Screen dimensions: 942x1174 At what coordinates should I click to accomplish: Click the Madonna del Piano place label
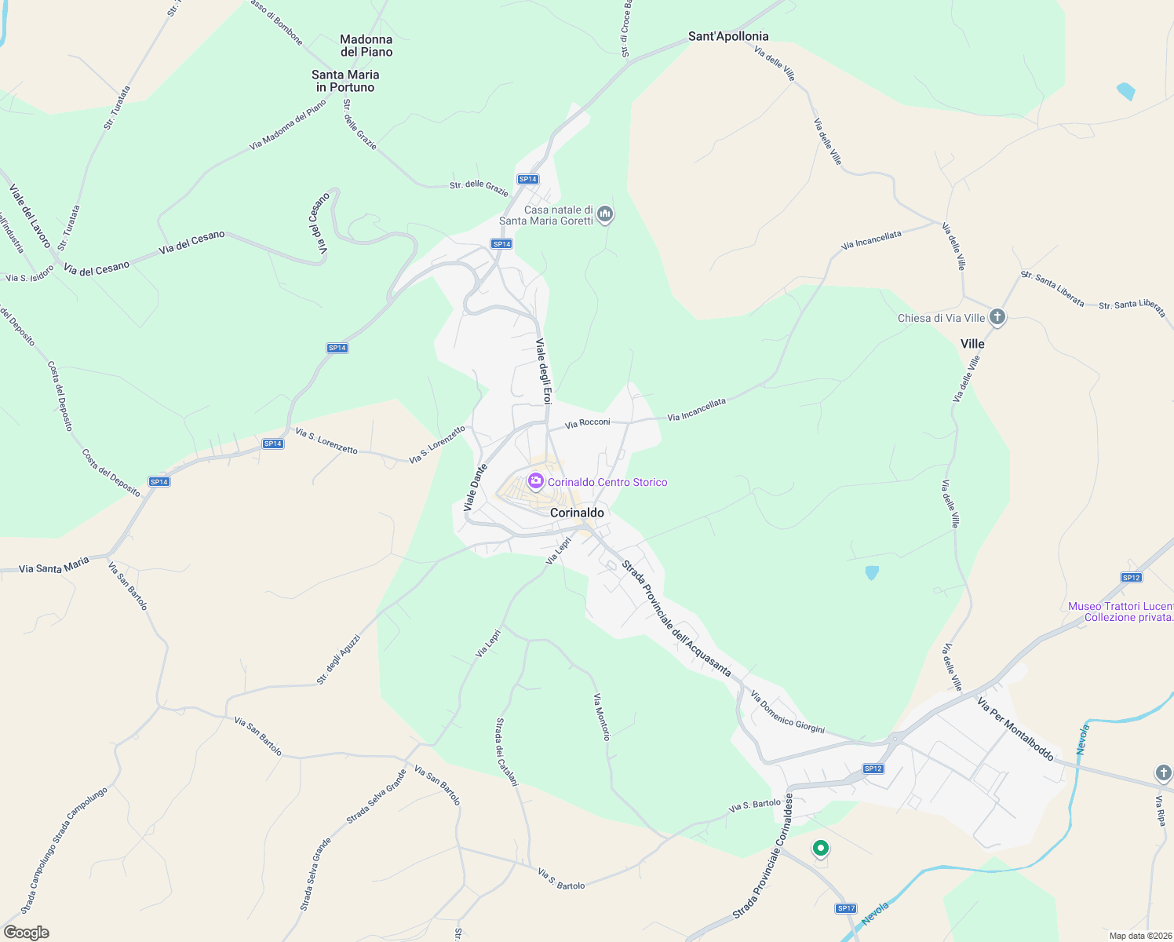tap(366, 46)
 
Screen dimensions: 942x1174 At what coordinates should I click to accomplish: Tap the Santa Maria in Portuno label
tap(345, 81)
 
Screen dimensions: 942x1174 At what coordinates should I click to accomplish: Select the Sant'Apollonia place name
tap(728, 36)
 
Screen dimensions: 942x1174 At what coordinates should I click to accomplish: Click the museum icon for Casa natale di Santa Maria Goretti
tap(605, 214)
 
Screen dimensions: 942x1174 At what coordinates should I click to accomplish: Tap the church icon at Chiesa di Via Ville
tap(997, 318)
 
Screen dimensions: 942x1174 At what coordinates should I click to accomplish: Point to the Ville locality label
tap(972, 344)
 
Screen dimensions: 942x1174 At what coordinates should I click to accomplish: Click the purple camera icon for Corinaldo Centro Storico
tap(536, 481)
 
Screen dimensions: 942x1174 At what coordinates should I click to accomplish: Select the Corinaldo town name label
tap(578, 513)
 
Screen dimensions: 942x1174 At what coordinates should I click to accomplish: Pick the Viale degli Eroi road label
tap(544, 371)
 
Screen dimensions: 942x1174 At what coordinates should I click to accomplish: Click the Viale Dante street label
tap(476, 487)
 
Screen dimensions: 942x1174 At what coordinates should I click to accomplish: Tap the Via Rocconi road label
tap(588, 423)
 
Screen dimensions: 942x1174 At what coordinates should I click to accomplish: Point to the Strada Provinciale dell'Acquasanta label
tap(676, 619)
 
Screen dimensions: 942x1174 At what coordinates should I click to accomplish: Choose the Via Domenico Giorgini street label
tap(787, 712)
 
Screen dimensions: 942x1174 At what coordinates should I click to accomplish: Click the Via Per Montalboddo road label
tap(1015, 728)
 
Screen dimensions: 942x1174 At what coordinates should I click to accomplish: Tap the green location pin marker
tap(820, 849)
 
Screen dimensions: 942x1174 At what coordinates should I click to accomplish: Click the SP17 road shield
tap(846, 908)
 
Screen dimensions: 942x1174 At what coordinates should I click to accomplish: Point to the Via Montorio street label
tap(601, 717)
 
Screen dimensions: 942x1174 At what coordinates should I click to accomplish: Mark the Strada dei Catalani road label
tap(507, 751)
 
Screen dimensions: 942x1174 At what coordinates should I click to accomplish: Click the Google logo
tap(27, 933)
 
